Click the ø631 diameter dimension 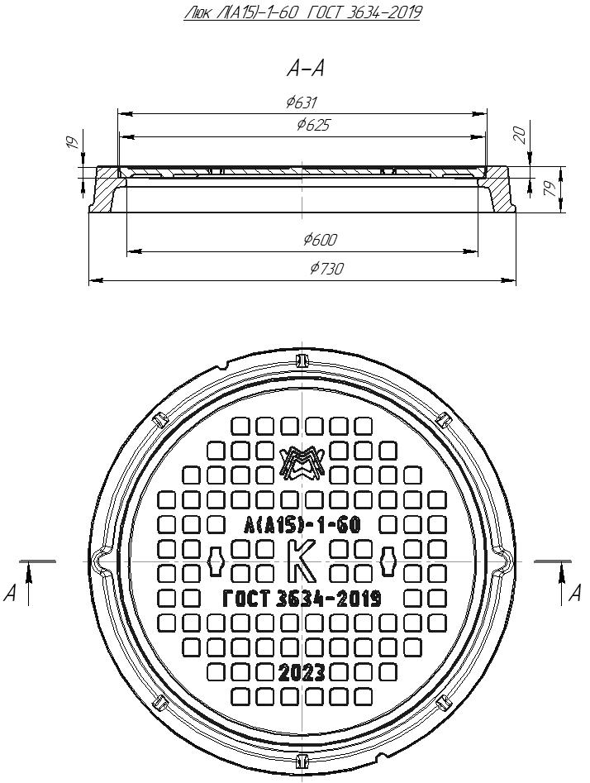pos(302,103)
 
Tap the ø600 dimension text pos(320,240)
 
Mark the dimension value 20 pos(520,136)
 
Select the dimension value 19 pos(72,143)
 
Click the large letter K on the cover pos(302,561)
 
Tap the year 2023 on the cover pos(302,671)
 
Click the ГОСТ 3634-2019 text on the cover pos(302,599)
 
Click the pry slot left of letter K pos(216,561)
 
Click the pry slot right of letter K pos(388,561)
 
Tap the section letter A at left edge pos(11,593)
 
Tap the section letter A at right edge pos(577,593)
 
